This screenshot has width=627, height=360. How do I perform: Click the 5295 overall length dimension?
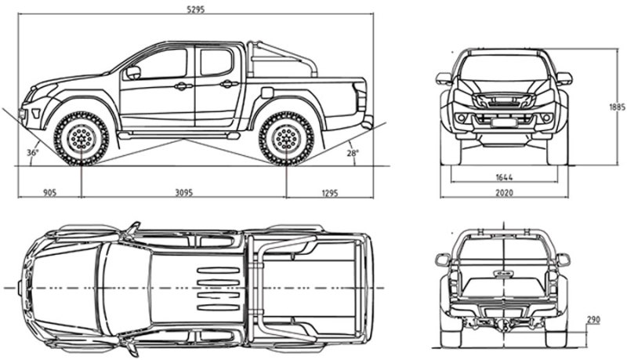(x=194, y=9)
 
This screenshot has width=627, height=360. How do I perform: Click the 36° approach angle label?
(x=32, y=153)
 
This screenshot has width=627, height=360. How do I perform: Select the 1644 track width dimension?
(x=504, y=177)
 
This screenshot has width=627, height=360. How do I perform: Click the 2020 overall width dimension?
(x=504, y=192)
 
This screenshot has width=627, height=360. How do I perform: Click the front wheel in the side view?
(x=81, y=138)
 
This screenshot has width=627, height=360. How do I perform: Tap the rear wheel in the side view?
(x=286, y=138)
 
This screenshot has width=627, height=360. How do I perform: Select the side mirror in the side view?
(x=132, y=73)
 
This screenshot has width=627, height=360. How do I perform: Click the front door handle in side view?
(x=182, y=85)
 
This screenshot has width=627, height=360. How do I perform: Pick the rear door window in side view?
(x=216, y=63)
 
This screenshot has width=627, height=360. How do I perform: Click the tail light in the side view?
(x=361, y=97)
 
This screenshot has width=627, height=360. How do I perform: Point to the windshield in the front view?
(x=504, y=69)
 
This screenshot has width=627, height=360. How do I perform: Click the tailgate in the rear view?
(x=504, y=271)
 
